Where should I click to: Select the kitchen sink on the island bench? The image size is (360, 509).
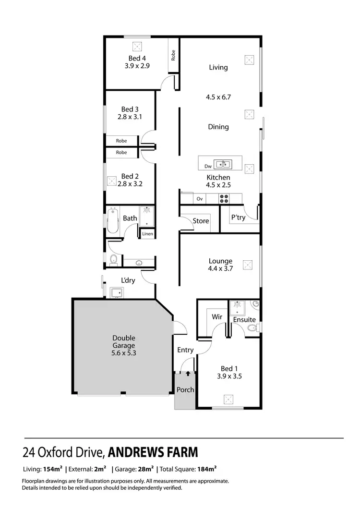pyautogui.click(x=222, y=164)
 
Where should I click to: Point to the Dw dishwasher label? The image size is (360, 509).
pyautogui.click(x=208, y=167)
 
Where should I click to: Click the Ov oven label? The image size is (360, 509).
pyautogui.click(x=200, y=198)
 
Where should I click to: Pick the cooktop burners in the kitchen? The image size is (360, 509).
pyautogui.click(x=224, y=197)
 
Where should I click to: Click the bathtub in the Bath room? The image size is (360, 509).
pyautogui.click(x=112, y=220)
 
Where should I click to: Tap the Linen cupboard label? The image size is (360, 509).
pyautogui.click(x=147, y=234)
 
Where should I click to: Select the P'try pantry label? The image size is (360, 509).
pyautogui.click(x=238, y=218)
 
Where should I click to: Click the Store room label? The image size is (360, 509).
pyautogui.click(x=201, y=221)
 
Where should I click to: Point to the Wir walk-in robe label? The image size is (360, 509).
pyautogui.click(x=216, y=317)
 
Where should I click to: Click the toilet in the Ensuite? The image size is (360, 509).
pyautogui.click(x=251, y=328)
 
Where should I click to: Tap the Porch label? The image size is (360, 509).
pyautogui.click(x=185, y=389)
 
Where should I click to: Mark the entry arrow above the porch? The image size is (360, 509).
pyautogui.click(x=188, y=372)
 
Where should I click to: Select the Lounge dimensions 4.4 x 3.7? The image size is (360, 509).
pyautogui.click(x=220, y=268)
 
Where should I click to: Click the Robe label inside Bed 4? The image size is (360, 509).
pyautogui.click(x=173, y=55)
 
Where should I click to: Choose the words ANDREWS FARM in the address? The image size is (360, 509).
pyautogui.click(x=153, y=452)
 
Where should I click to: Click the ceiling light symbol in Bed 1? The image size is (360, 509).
pyautogui.click(x=229, y=399)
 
